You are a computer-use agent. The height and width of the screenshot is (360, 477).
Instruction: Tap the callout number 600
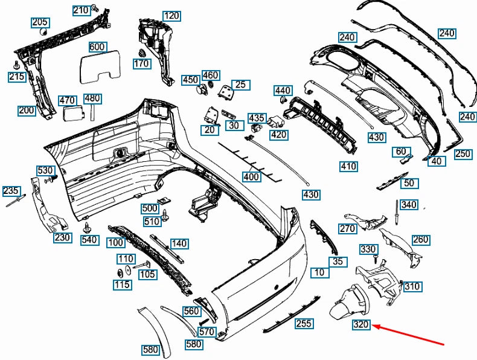pos(97,47)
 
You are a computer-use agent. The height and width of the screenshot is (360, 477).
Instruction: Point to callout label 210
pos(80,10)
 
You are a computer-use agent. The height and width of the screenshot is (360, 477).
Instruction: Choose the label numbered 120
pos(171,15)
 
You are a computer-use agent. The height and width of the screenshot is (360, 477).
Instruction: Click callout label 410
pos(348,166)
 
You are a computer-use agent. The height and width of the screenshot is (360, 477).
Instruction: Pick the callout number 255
pos(304,324)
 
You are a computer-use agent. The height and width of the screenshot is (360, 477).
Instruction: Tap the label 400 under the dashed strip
pos(251,177)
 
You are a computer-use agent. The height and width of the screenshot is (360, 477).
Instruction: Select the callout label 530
pos(45,170)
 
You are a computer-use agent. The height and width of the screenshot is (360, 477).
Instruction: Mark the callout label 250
pos(463,154)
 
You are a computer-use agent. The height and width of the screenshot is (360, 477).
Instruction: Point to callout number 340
pos(409,205)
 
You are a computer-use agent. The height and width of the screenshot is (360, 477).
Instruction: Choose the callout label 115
pos(123,284)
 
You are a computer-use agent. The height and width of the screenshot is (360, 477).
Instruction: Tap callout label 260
pos(420,240)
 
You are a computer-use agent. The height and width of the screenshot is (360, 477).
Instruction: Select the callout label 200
pos(27,111)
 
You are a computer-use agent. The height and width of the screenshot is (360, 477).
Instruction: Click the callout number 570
pos(206,331)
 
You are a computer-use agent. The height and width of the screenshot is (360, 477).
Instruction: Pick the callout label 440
pos(283,91)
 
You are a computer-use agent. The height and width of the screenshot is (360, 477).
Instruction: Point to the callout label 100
pos(116,243)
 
